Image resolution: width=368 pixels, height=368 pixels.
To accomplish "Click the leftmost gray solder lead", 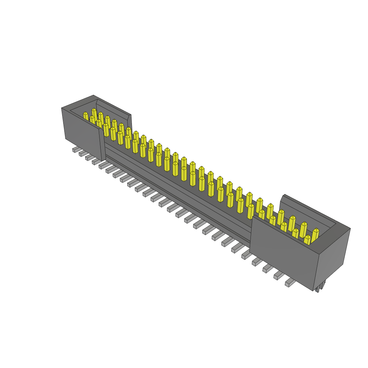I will point(76,149).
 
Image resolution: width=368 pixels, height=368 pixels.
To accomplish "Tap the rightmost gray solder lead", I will point(290,283).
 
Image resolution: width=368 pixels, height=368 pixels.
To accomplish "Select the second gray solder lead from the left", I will point(83,153).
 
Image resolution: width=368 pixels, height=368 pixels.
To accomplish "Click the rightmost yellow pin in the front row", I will point(307,240).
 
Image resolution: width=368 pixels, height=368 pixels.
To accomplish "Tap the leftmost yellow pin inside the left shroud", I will point(86,116).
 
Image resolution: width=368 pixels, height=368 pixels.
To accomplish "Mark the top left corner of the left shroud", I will point(62,108).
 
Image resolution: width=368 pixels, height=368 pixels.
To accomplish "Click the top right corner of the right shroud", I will point(350,229).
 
